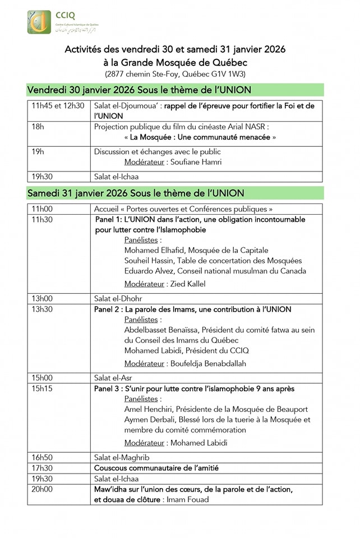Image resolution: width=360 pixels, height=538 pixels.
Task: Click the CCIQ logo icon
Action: (x=39, y=22)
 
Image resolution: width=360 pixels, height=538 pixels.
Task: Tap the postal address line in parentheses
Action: (x=175, y=74)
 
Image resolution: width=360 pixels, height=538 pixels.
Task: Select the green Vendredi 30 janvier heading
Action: (x=139, y=90)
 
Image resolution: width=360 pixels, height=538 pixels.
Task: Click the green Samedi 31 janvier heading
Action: (x=135, y=193)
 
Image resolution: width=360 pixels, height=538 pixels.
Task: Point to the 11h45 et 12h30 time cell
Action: (x=58, y=106)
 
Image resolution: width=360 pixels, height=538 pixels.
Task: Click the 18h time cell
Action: (x=38, y=127)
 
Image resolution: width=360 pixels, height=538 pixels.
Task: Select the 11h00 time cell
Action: (x=41, y=209)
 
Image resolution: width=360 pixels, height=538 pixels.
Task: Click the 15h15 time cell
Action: (x=41, y=388)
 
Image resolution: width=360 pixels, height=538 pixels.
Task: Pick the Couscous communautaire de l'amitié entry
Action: (x=156, y=468)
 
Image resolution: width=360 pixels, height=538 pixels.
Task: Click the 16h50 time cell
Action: (x=41, y=457)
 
